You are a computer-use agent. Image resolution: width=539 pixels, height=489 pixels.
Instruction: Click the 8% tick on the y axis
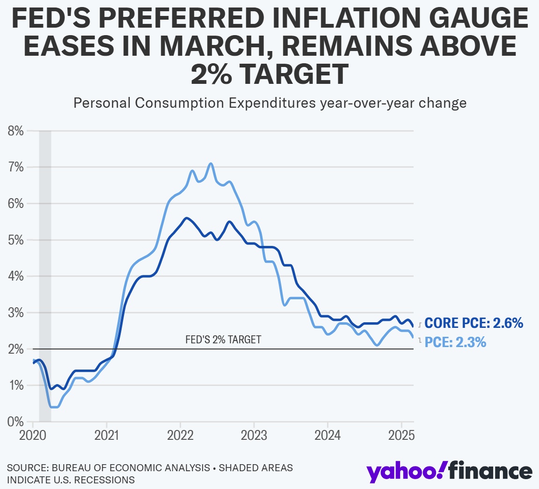(15, 131)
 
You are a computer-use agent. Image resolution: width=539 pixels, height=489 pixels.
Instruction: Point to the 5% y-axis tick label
(15, 240)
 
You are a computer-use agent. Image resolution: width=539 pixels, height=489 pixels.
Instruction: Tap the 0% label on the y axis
(15, 422)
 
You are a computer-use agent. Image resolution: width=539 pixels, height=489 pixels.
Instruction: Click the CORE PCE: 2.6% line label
(473, 323)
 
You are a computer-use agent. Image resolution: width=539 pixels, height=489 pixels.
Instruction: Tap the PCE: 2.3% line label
(455, 342)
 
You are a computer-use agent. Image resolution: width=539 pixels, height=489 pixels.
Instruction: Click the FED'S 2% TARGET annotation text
(223, 340)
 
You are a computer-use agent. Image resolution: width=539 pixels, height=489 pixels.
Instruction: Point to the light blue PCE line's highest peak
(211, 163)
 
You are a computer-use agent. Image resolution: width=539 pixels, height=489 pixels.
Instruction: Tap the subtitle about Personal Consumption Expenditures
(270, 103)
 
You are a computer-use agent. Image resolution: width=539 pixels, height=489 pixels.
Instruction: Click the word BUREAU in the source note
(73, 467)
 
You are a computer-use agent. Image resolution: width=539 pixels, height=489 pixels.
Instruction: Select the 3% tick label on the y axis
(15, 313)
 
